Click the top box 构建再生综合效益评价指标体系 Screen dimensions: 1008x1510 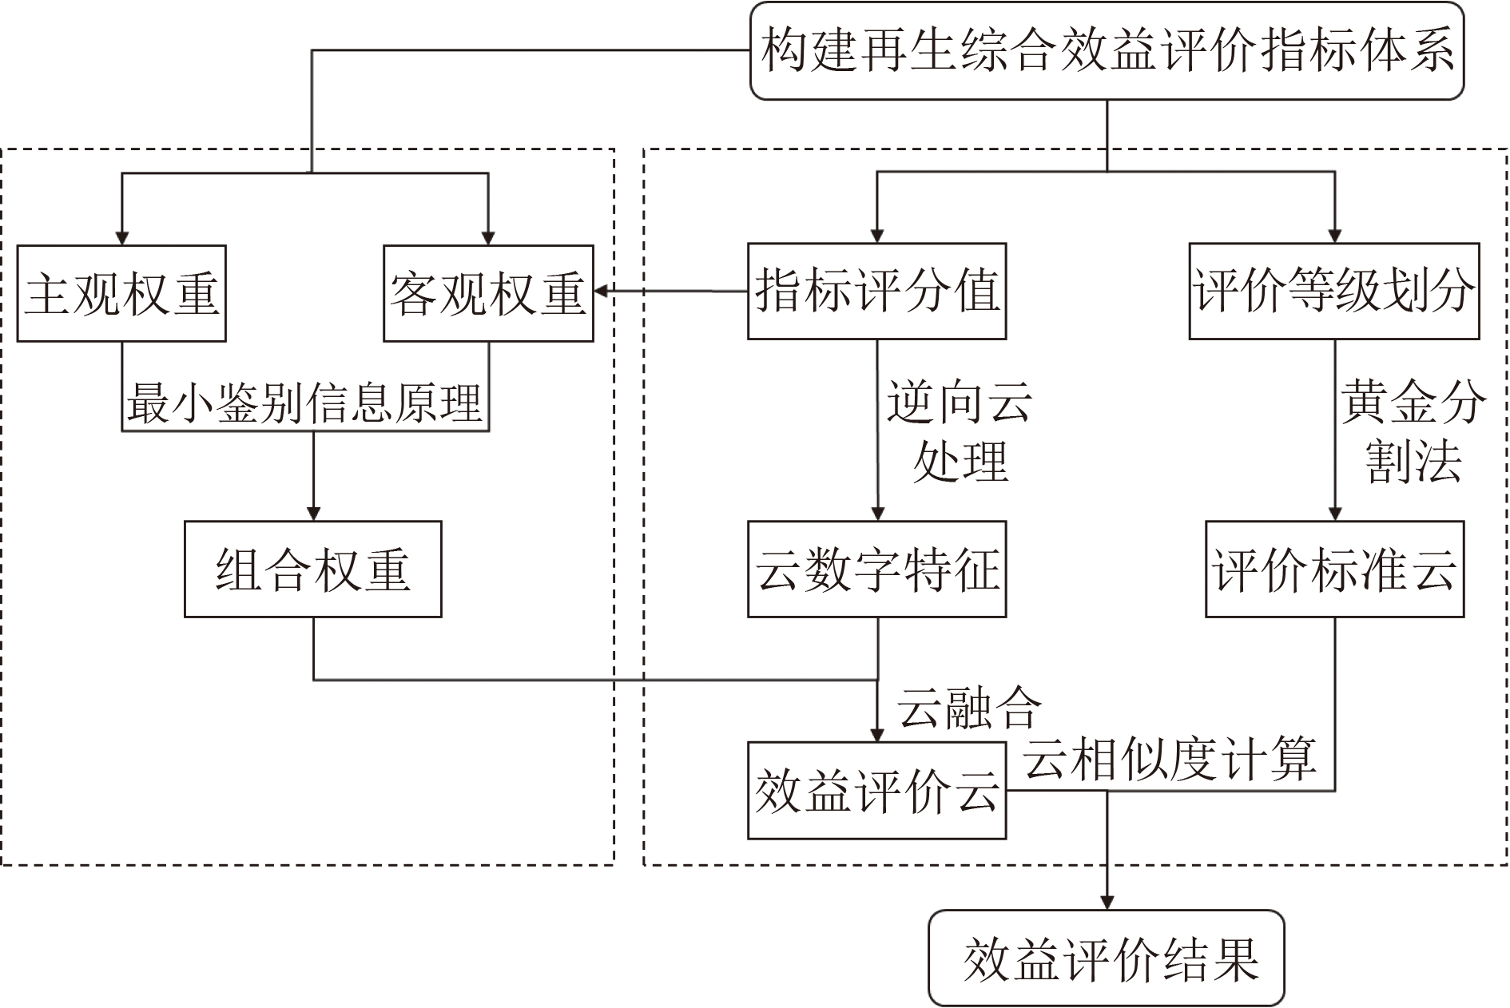tap(1107, 51)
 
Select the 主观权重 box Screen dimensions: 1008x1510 tap(121, 293)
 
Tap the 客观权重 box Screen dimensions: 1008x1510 tap(488, 293)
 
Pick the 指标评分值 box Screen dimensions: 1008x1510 tap(876, 291)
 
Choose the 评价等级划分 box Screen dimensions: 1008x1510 tap(1333, 291)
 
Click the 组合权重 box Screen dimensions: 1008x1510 tap(312, 569)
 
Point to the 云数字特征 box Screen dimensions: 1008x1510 tap(876, 569)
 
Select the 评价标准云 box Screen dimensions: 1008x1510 tap(1333, 569)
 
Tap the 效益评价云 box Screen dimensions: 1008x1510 tap(876, 791)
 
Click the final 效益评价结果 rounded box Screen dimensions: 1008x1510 tap(1106, 958)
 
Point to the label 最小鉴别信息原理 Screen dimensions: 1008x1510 tap(304, 404)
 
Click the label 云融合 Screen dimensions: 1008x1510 tap(969, 708)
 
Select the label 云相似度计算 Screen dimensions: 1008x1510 tap(1170, 759)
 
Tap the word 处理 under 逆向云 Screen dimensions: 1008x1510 tap(960, 462)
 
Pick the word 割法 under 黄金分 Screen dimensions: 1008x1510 tap(1413, 462)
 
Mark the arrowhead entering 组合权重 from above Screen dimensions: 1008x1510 tap(313, 513)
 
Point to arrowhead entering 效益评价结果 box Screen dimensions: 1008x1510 tap(1107, 902)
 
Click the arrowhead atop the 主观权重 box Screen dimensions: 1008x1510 tap(121, 237)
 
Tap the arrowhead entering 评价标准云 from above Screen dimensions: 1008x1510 tap(1334, 513)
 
